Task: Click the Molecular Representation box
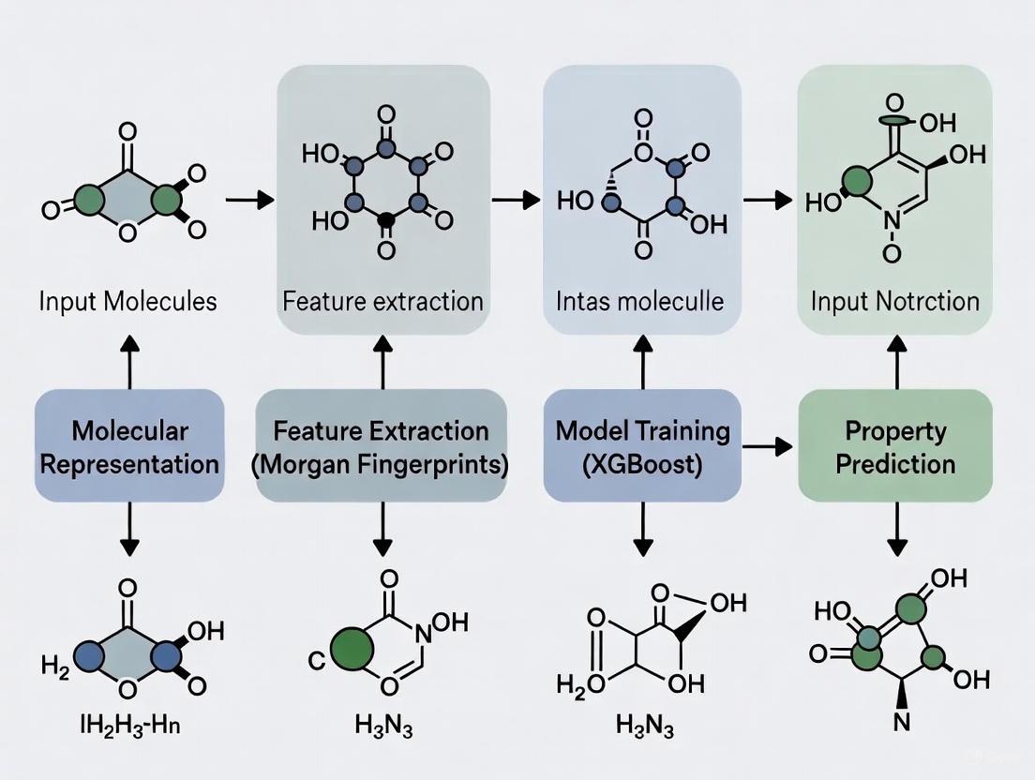(x=129, y=446)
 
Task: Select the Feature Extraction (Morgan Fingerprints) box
(x=381, y=446)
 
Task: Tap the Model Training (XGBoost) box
(x=642, y=446)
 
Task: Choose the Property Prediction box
(x=894, y=446)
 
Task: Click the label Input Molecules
(x=128, y=301)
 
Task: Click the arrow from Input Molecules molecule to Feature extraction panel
(x=249, y=199)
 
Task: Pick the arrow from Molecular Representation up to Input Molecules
(x=129, y=362)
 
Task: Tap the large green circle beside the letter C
(x=352, y=647)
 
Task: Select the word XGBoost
(x=642, y=463)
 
